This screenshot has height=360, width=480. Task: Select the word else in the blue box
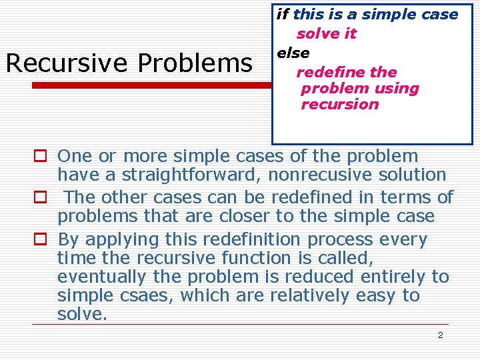point(293,53)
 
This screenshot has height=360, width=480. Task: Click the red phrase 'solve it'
point(327,33)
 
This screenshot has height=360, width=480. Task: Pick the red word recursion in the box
point(340,104)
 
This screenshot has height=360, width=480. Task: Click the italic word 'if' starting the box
point(283,14)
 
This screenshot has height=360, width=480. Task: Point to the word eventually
point(98,277)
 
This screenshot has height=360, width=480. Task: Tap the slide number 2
point(440,335)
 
